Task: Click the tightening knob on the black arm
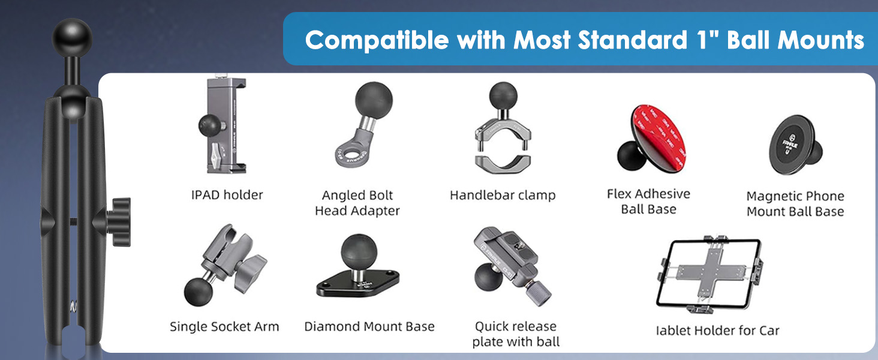[x=119, y=222]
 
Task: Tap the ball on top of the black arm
[x=72, y=38]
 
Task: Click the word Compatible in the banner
[x=377, y=40]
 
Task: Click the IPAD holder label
[x=227, y=195]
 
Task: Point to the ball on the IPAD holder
[x=211, y=125]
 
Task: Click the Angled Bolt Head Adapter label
[x=357, y=203]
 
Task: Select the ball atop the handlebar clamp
[x=503, y=96]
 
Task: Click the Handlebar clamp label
[x=503, y=195]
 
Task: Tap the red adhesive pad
[x=659, y=138]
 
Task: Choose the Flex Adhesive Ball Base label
[x=649, y=202]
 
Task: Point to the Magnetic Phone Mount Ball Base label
[x=795, y=204]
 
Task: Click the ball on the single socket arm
[x=199, y=292]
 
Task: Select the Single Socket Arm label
[x=224, y=326]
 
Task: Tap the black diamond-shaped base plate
[x=358, y=283]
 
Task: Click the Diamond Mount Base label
[x=369, y=326]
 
